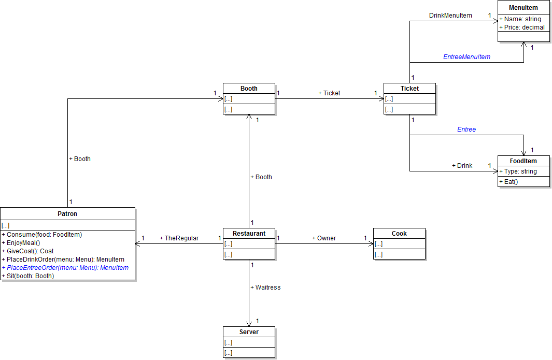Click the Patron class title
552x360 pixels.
pyautogui.click(x=67, y=213)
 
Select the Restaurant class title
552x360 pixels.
pyautogui.click(x=249, y=234)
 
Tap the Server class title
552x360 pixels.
pyautogui.click(x=249, y=332)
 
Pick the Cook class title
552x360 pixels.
pyautogui.click(x=399, y=234)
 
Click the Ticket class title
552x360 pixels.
pyautogui.click(x=409, y=89)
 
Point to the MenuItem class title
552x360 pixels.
pyautogui.click(x=523, y=8)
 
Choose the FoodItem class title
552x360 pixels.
pyautogui.click(x=523, y=161)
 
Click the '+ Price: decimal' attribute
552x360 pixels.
pyautogui.click(x=522, y=27)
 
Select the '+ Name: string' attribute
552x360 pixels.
pyautogui.click(x=520, y=19)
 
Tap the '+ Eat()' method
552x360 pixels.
pyautogui.click(x=508, y=182)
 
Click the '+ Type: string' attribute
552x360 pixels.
pyautogui.click(x=518, y=171)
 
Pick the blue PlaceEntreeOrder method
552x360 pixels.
pyautogui.click(x=65, y=268)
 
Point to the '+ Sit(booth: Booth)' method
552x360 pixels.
pyautogui.click(x=28, y=276)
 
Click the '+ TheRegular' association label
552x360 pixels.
pyautogui.click(x=179, y=238)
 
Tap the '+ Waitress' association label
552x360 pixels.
pyautogui.click(x=265, y=287)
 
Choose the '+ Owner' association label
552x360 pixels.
pyautogui.click(x=324, y=238)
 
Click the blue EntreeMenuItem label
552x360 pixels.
pyautogui.click(x=466, y=57)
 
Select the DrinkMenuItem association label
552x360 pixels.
pyautogui.click(x=450, y=16)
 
